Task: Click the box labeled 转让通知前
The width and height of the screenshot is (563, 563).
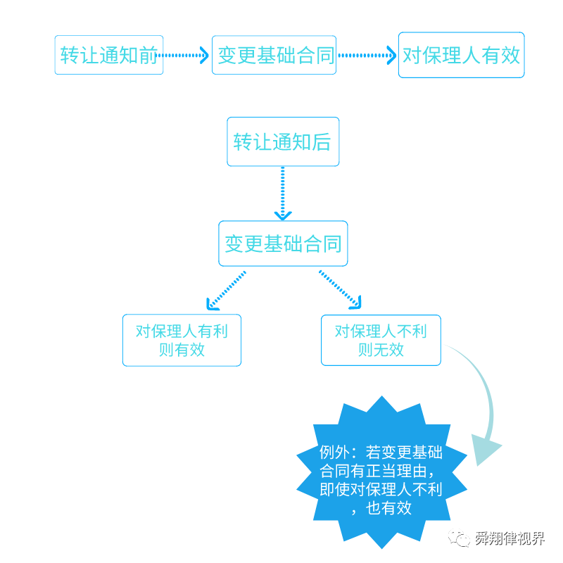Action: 109,55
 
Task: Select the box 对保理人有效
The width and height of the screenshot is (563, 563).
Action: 461,55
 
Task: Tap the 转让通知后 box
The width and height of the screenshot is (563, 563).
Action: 282,141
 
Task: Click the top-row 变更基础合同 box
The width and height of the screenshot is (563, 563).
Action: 274,55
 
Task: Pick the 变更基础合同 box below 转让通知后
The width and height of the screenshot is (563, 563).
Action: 283,243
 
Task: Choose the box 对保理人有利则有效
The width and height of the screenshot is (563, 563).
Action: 182,340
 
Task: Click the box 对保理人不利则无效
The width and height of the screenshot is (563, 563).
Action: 381,340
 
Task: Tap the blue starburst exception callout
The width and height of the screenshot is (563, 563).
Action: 381,472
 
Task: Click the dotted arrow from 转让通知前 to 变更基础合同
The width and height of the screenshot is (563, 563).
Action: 187,55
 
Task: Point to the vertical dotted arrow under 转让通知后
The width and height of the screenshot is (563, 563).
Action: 283,193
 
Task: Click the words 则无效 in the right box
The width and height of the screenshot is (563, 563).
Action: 381,350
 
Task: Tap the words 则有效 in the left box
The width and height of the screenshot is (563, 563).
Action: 182,350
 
